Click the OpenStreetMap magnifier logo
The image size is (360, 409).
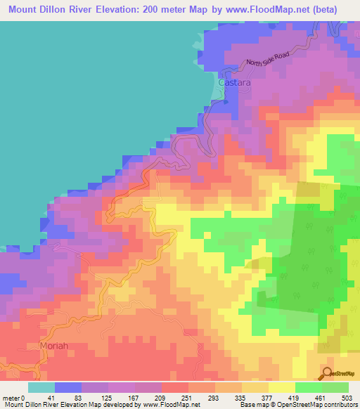(327, 373)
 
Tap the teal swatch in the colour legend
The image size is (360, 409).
(41, 388)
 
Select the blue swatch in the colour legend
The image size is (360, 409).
(68, 388)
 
